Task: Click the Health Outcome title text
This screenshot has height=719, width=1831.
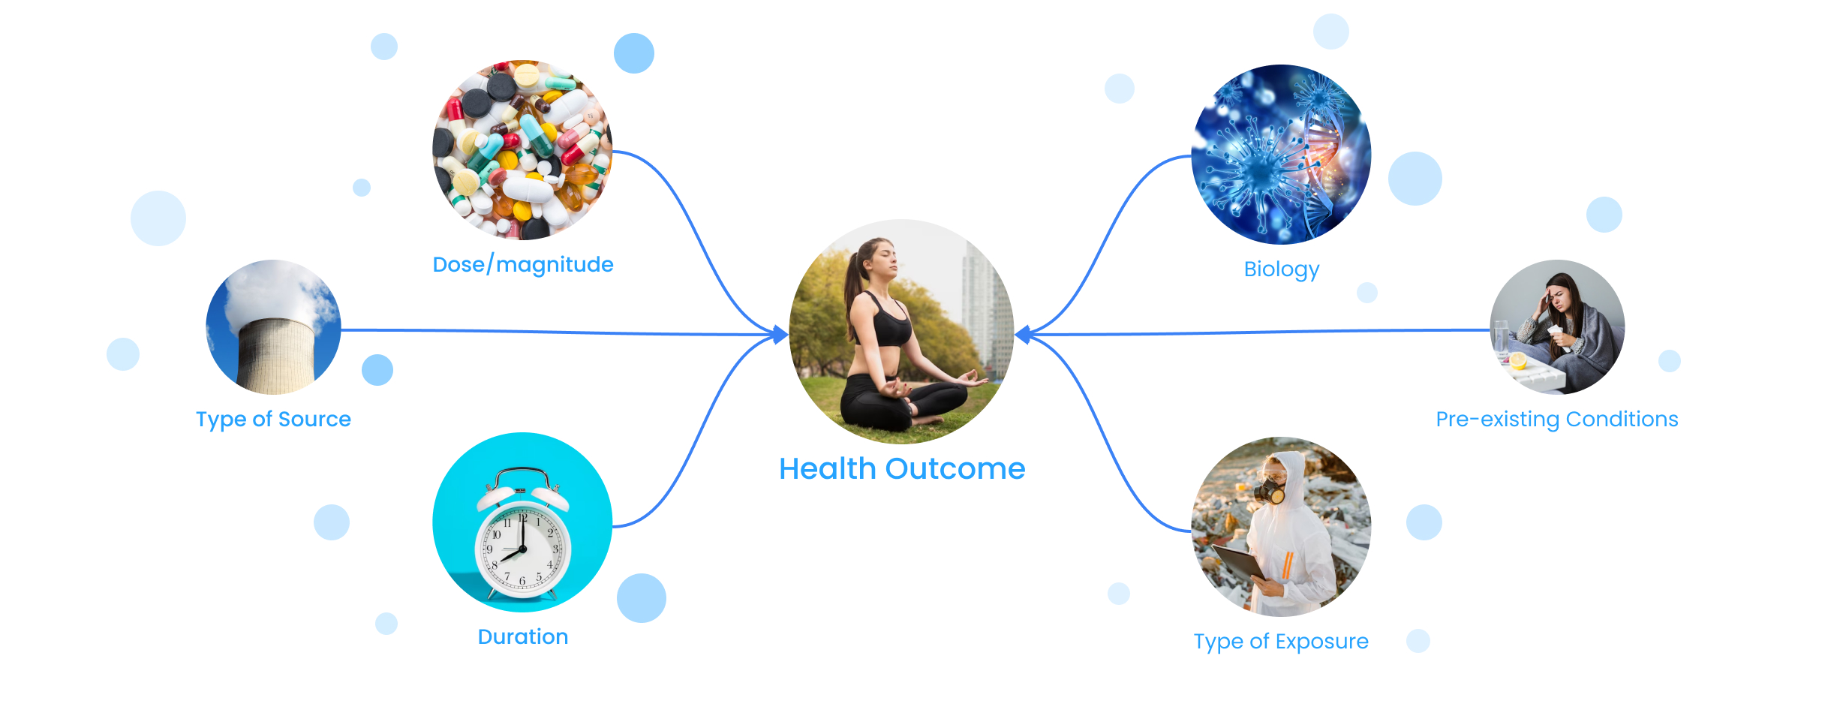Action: pyautogui.click(x=902, y=469)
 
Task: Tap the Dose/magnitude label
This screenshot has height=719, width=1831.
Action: pyautogui.click(x=523, y=265)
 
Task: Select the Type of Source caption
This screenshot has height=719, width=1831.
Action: pyautogui.click(x=273, y=420)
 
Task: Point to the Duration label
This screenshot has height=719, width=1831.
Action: pyautogui.click(x=523, y=637)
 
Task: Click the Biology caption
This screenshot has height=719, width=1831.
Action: pyautogui.click(x=1282, y=269)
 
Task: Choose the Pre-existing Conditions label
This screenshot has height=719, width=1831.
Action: pyautogui.click(x=1557, y=420)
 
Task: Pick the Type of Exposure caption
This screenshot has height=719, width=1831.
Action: pyautogui.click(x=1281, y=642)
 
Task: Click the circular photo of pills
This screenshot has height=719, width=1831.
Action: pyautogui.click(x=523, y=150)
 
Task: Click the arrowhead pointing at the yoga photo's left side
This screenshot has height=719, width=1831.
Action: pyautogui.click(x=780, y=334)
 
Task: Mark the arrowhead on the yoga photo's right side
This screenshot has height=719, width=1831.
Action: pyautogui.click(x=1023, y=334)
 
